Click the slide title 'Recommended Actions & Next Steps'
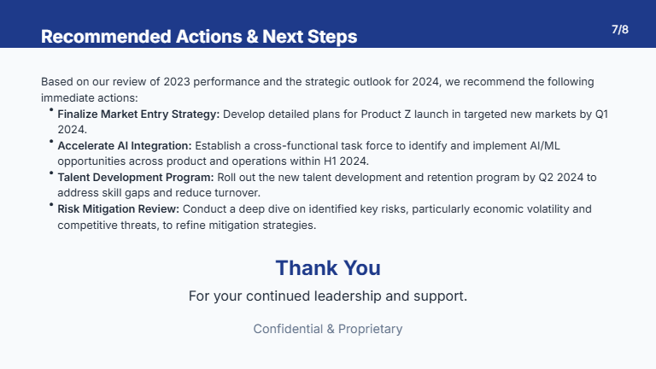199,37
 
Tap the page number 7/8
620,30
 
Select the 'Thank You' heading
328,267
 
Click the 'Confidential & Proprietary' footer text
328,329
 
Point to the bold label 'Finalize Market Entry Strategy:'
138,114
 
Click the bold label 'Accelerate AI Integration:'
125,146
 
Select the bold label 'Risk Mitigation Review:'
118,209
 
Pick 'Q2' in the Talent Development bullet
523,178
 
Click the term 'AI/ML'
565,146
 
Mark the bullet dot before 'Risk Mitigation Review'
51,206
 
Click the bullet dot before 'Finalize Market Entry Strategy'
51,111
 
